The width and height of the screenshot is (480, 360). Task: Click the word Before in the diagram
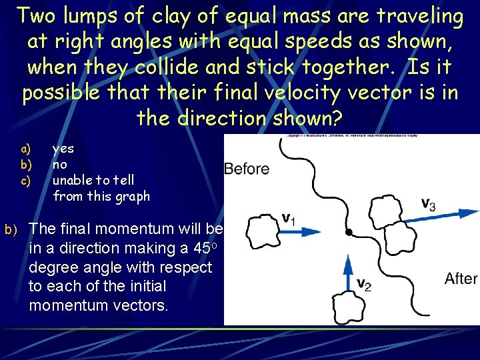(247, 169)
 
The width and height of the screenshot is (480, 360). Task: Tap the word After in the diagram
(461, 278)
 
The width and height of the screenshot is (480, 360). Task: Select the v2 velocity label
(364, 284)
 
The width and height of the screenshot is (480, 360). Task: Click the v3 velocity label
(428, 203)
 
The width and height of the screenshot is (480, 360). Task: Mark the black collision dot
(348, 233)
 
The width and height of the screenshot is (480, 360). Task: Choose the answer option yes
(63, 149)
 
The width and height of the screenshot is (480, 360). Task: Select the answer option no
(60, 165)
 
